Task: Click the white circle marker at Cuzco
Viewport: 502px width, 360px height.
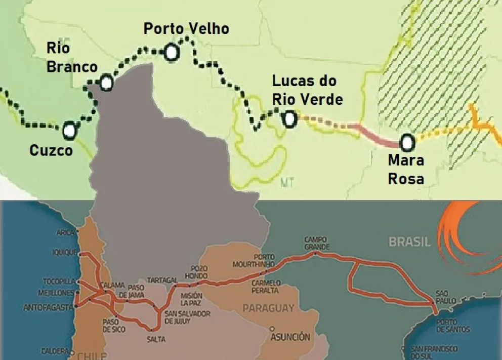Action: tap(69, 130)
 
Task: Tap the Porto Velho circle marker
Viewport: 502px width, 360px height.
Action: tap(171, 52)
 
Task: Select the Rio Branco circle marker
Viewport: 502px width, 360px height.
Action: tap(106, 82)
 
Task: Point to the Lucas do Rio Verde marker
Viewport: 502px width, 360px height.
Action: tap(289, 118)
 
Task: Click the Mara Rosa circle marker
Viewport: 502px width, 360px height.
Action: tap(407, 142)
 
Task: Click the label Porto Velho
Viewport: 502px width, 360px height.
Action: tap(186, 29)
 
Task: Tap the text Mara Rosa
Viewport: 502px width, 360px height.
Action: tap(405, 169)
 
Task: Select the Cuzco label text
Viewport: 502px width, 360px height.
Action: tap(51, 150)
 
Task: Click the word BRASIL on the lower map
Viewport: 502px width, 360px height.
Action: tap(409, 242)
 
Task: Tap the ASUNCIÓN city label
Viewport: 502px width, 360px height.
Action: tap(290, 336)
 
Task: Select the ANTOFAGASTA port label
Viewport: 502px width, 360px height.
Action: tap(49, 307)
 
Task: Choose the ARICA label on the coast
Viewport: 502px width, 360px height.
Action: tap(66, 233)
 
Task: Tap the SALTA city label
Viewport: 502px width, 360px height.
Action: tap(156, 339)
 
